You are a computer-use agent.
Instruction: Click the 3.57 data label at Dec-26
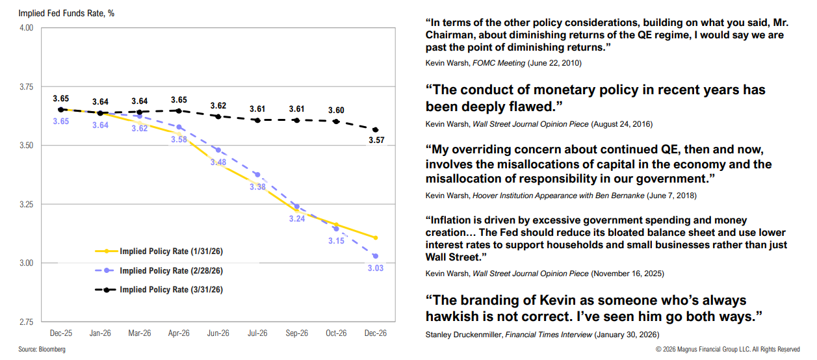375,140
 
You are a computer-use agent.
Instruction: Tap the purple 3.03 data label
375,268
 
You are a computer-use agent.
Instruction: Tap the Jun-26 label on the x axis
218,333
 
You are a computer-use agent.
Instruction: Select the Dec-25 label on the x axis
60,333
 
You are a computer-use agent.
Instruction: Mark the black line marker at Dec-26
375,130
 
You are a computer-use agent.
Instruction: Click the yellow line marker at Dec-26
375,238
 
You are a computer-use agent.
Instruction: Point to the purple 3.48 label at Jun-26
218,162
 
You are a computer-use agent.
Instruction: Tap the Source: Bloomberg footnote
42,350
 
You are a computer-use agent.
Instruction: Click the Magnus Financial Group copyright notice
727,350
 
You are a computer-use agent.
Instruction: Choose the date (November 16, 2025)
627,273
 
